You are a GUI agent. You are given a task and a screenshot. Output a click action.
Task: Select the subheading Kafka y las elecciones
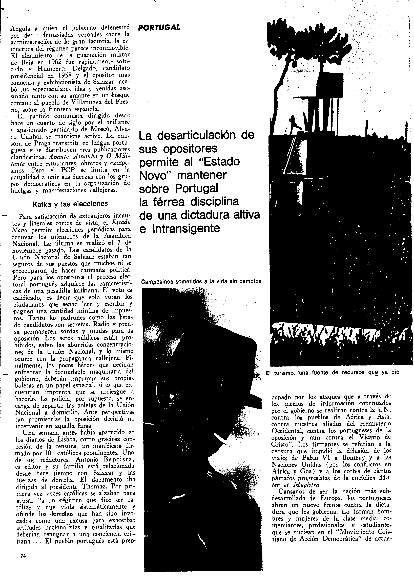point(70,204)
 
